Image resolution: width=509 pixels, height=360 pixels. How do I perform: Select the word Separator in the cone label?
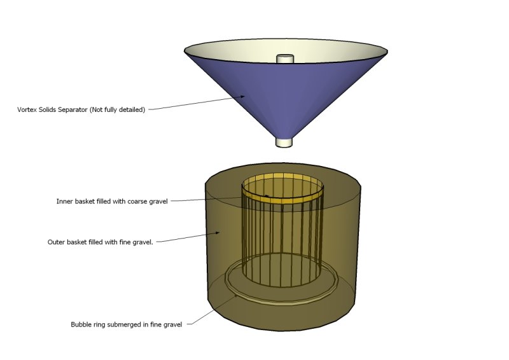73,109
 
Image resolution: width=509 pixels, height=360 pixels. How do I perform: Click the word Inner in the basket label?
64,202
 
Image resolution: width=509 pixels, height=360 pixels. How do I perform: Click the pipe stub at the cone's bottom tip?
284,141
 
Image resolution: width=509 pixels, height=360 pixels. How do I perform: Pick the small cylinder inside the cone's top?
284,59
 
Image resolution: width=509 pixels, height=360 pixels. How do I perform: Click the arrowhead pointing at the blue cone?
244,97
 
